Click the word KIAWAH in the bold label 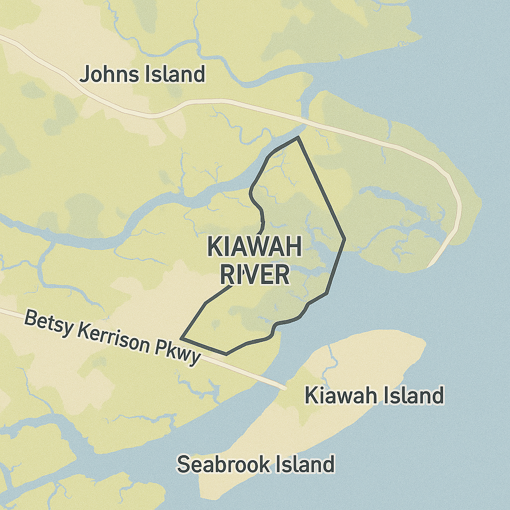tap(254, 247)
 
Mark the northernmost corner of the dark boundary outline tap(298, 137)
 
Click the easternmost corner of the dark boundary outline tap(344, 240)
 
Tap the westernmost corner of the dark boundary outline tap(181, 338)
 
